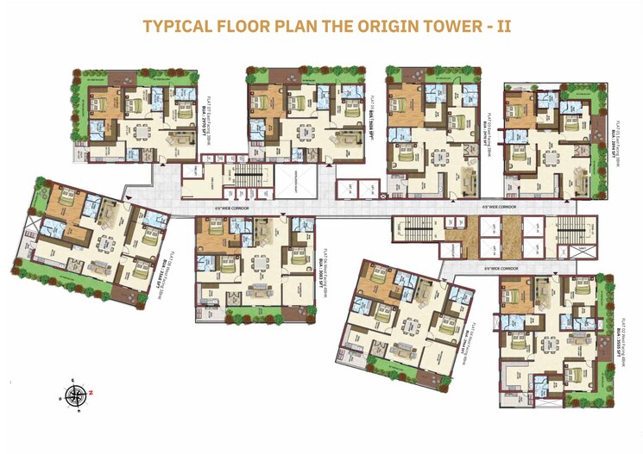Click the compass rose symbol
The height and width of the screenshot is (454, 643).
pos(76,395)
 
